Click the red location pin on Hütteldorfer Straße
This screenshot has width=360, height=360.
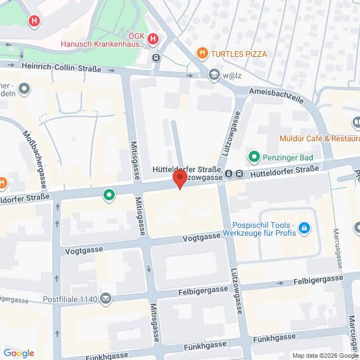[179, 179]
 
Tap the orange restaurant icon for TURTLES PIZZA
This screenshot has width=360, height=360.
[202, 53]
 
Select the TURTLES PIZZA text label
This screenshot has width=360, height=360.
[239, 54]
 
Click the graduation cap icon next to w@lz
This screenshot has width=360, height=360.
[214, 74]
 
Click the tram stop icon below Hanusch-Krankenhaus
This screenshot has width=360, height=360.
[156, 57]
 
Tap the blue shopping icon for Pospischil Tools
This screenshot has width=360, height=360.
[304, 228]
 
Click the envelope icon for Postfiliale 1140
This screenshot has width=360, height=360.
[105, 298]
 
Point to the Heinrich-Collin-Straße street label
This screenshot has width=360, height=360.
[61, 67]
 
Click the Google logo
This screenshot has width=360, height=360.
[19, 353]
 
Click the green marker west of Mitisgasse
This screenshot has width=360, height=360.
[108, 195]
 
